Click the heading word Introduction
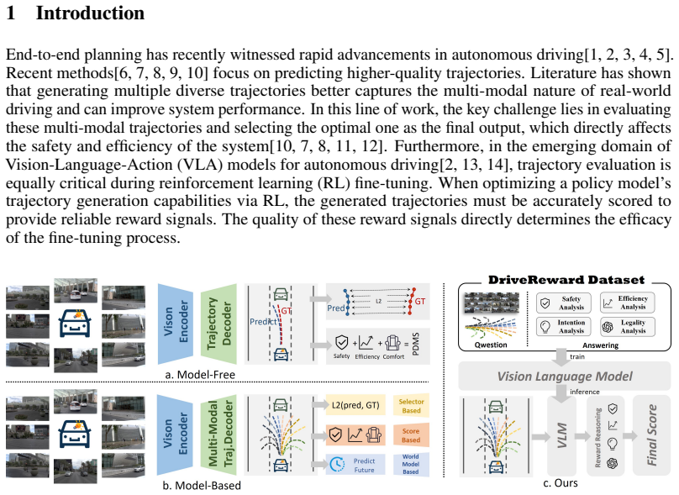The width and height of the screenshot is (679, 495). [90, 13]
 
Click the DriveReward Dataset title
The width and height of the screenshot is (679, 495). [566, 280]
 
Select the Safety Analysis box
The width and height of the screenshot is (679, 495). [563, 303]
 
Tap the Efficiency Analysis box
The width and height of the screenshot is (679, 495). [627, 303]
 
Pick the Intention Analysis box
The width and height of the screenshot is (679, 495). [563, 327]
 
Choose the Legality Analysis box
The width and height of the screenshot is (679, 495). [627, 327]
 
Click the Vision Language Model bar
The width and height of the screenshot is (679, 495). [564, 376]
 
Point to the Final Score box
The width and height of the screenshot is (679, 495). [651, 435]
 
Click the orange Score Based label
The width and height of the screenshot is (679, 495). [411, 435]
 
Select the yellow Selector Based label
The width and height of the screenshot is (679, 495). [411, 406]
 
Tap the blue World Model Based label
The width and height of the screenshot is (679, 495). [411, 464]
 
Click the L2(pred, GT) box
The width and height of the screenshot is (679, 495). [355, 405]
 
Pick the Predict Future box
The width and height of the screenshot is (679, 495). [355, 465]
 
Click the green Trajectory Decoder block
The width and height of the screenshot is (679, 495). [218, 324]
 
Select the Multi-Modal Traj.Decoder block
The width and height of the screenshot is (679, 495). [218, 434]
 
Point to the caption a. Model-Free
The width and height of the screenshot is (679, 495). [200, 375]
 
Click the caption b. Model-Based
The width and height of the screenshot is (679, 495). [202, 486]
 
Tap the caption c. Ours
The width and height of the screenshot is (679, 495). [560, 483]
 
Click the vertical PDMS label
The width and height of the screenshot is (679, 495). [416, 345]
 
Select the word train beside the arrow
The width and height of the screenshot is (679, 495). [577, 357]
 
